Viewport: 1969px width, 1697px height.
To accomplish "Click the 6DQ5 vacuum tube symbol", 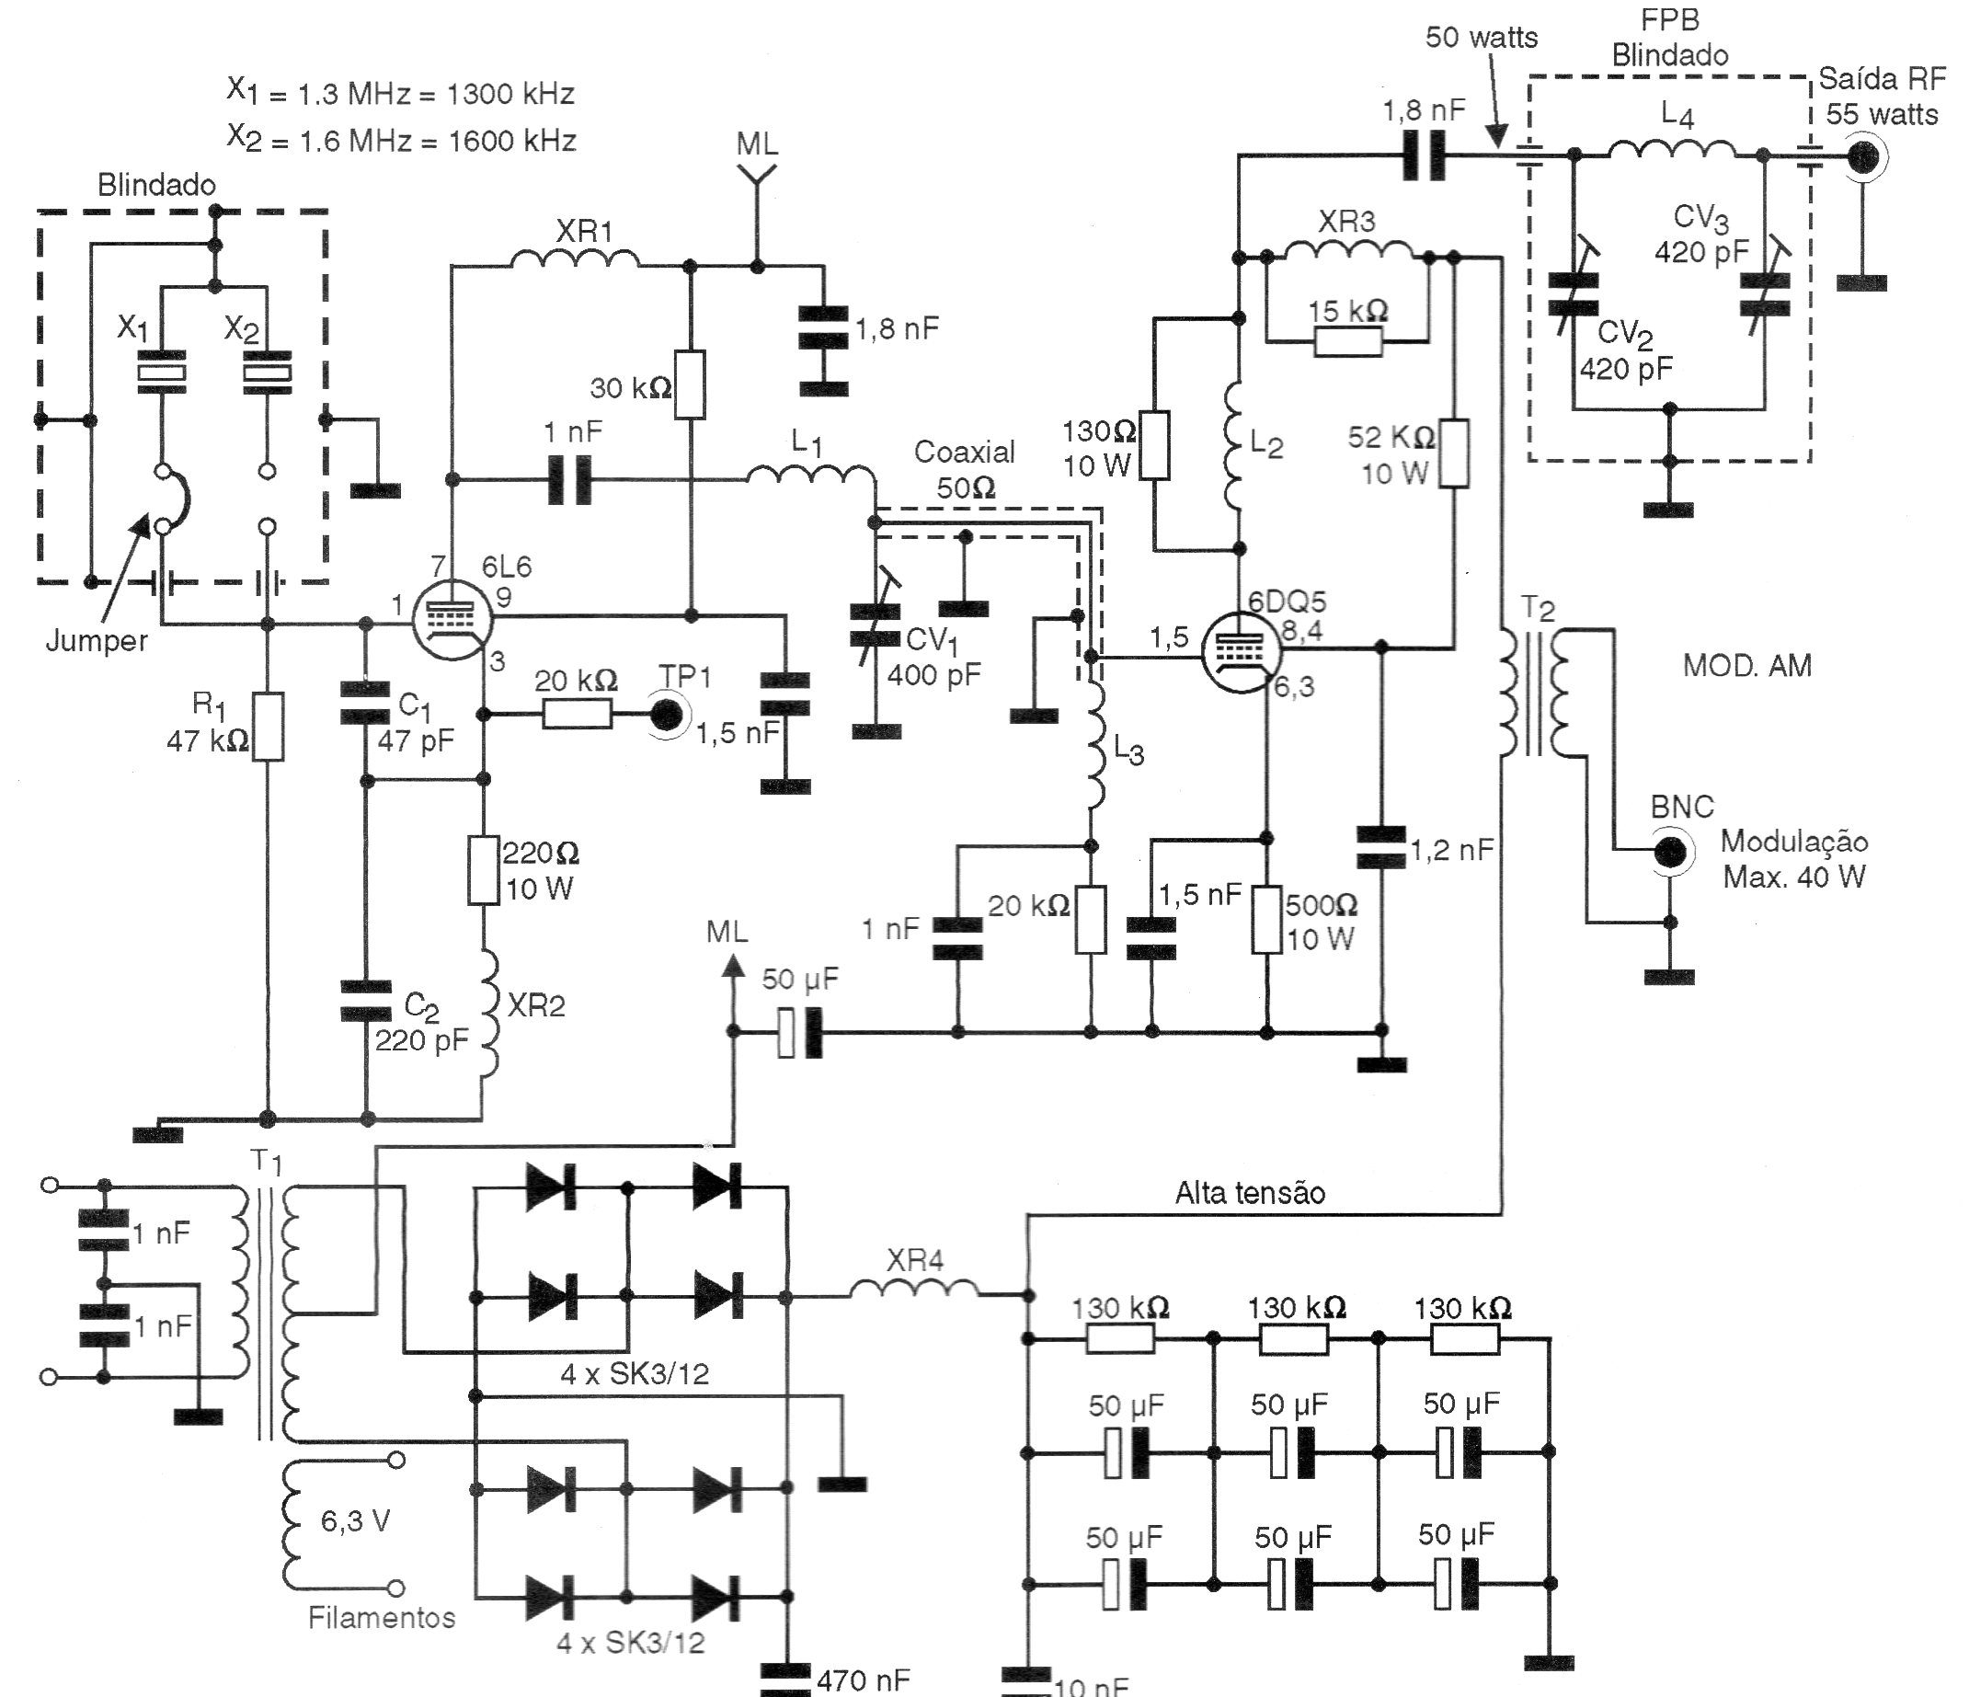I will tap(1241, 651).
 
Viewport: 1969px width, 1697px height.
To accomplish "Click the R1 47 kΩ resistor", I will tap(268, 727).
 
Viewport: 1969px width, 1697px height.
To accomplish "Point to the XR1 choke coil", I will tap(575, 258).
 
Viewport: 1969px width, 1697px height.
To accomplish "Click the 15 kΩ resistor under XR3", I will tap(1348, 341).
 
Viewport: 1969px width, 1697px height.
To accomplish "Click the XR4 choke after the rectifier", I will tap(913, 1291).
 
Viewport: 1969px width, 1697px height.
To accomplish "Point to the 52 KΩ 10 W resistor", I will tap(1454, 453).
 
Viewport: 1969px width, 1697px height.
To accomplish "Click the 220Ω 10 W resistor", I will tap(484, 869).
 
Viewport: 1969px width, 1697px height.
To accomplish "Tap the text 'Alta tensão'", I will tap(1250, 1192).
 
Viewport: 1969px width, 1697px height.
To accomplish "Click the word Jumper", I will tap(97, 640).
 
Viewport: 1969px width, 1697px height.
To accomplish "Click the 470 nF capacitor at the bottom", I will tap(787, 1678).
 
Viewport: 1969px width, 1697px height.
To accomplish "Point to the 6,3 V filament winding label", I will tap(354, 1521).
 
